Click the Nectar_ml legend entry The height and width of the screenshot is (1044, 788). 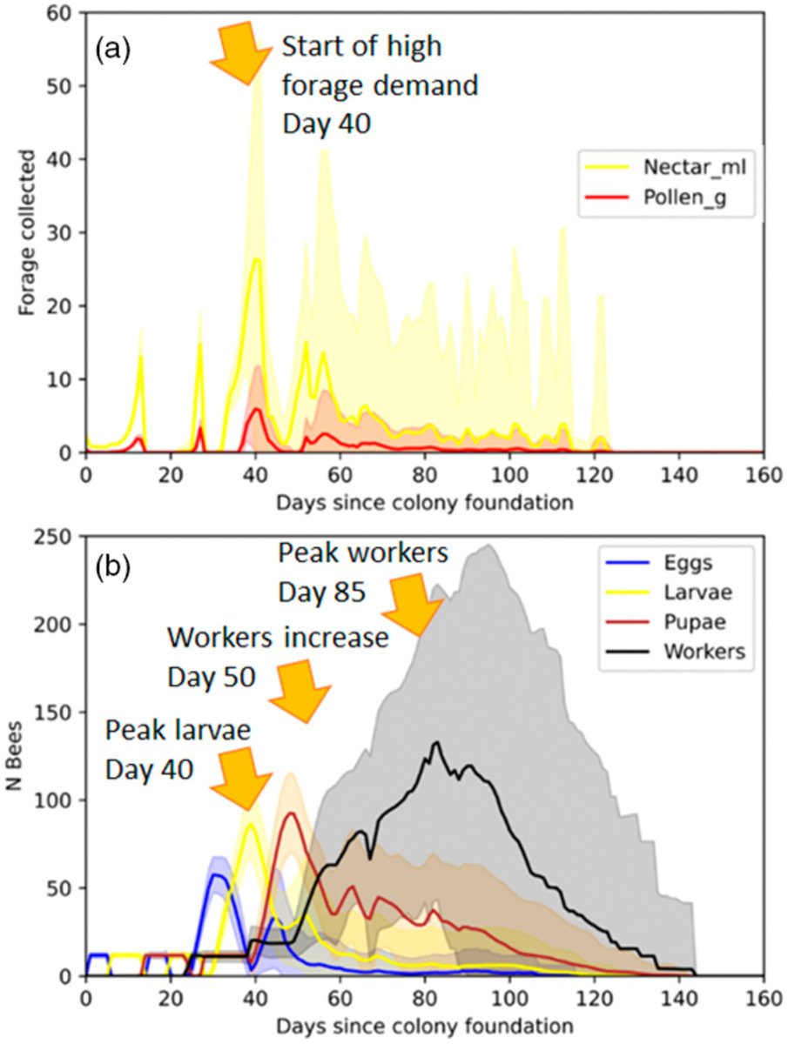point(665,167)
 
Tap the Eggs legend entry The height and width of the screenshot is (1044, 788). point(659,563)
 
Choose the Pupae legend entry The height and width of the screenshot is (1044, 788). point(665,622)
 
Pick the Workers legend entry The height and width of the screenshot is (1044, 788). point(675,651)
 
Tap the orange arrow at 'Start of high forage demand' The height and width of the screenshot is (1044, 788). point(242,53)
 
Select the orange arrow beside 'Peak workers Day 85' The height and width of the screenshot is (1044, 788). point(413,604)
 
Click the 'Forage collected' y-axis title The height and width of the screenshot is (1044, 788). point(27,232)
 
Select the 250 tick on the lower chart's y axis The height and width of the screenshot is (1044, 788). point(57,537)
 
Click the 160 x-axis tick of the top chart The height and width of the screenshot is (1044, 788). point(764,475)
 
